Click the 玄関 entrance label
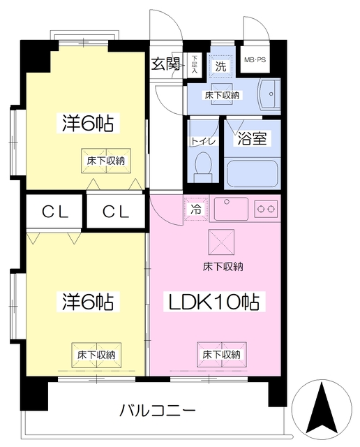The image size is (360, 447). [167, 64]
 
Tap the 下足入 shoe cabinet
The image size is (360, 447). [195, 64]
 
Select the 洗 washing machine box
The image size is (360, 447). [220, 67]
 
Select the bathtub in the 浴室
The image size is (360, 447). [253, 173]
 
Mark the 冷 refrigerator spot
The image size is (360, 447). [196, 208]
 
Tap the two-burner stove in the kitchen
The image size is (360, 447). [266, 208]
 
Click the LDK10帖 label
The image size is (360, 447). [212, 302]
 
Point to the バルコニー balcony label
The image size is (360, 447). [157, 411]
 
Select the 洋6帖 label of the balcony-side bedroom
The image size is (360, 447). [86, 302]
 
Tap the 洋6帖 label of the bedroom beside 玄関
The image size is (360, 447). [85, 124]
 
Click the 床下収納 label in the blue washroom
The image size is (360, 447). [223, 94]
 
